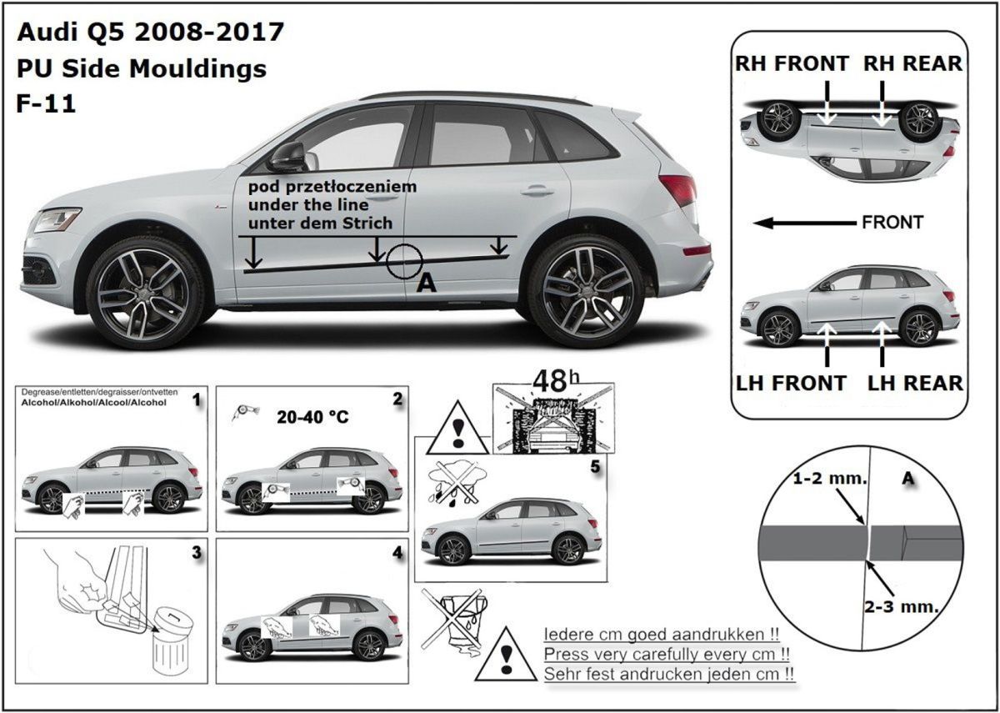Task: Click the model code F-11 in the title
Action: click(x=46, y=103)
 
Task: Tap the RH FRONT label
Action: click(x=792, y=63)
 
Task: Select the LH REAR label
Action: click(x=915, y=384)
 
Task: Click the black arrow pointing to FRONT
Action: click(x=804, y=223)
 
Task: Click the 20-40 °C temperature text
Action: click(x=312, y=417)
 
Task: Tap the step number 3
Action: click(x=197, y=553)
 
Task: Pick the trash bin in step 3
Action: click(x=172, y=644)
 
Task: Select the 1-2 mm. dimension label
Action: click(x=829, y=479)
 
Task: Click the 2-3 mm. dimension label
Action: click(x=902, y=607)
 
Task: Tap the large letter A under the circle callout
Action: click(x=426, y=283)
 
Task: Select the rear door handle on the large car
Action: click(x=537, y=192)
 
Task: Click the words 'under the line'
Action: click(x=308, y=205)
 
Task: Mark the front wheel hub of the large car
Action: click(x=143, y=294)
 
